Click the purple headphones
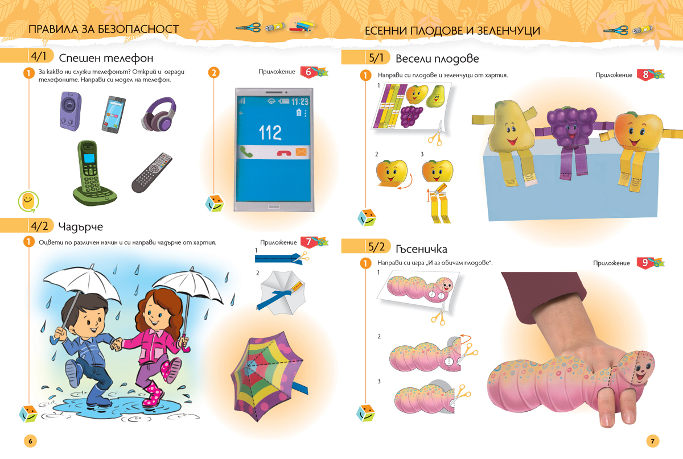click(159, 114)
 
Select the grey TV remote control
click(152, 172)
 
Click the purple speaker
click(71, 111)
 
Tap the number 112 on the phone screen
click(270, 133)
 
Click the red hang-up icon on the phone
click(284, 152)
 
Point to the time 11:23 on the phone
click(300, 101)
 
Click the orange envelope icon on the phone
click(301, 152)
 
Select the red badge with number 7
click(308, 242)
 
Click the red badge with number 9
click(645, 263)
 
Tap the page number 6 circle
click(30, 441)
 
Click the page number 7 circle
click(652, 441)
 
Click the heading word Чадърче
click(80, 227)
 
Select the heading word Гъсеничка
click(421, 249)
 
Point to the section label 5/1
click(376, 58)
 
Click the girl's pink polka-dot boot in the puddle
click(153, 395)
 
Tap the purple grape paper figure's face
click(570, 130)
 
